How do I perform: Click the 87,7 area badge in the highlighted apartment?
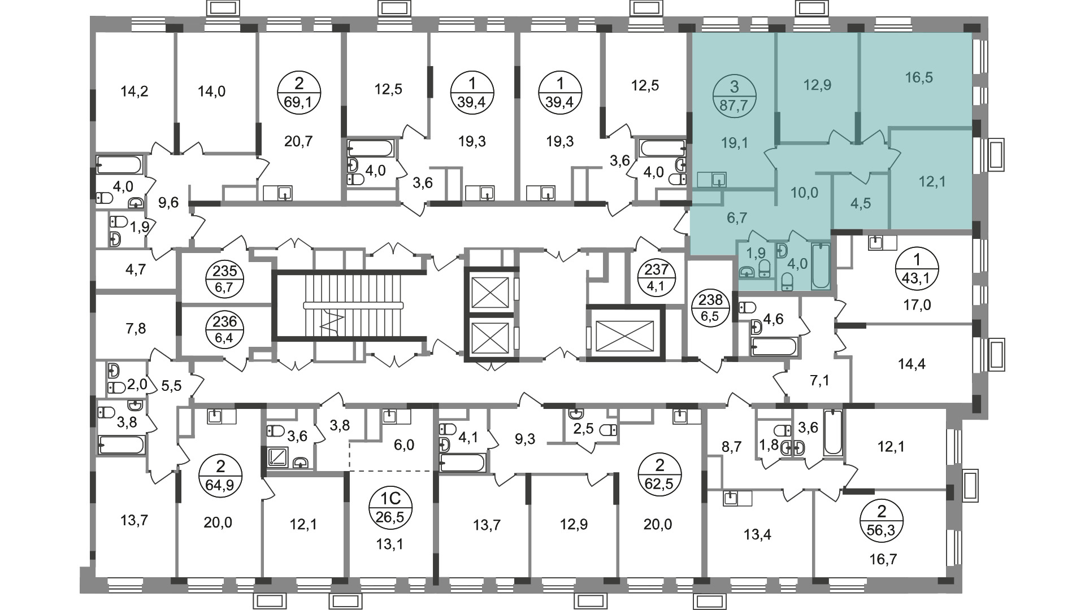click(734, 95)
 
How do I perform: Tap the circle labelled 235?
click(225, 278)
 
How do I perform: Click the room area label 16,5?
click(919, 77)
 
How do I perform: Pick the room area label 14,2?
click(134, 91)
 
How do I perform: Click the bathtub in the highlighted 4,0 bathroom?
click(820, 266)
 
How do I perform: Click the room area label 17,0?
click(917, 306)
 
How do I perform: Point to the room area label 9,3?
click(525, 439)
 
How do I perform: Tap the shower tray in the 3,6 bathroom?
click(277, 456)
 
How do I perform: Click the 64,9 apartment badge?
click(220, 476)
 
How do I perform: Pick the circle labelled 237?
click(656, 277)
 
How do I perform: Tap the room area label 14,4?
click(912, 364)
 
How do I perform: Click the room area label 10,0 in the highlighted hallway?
click(804, 193)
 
